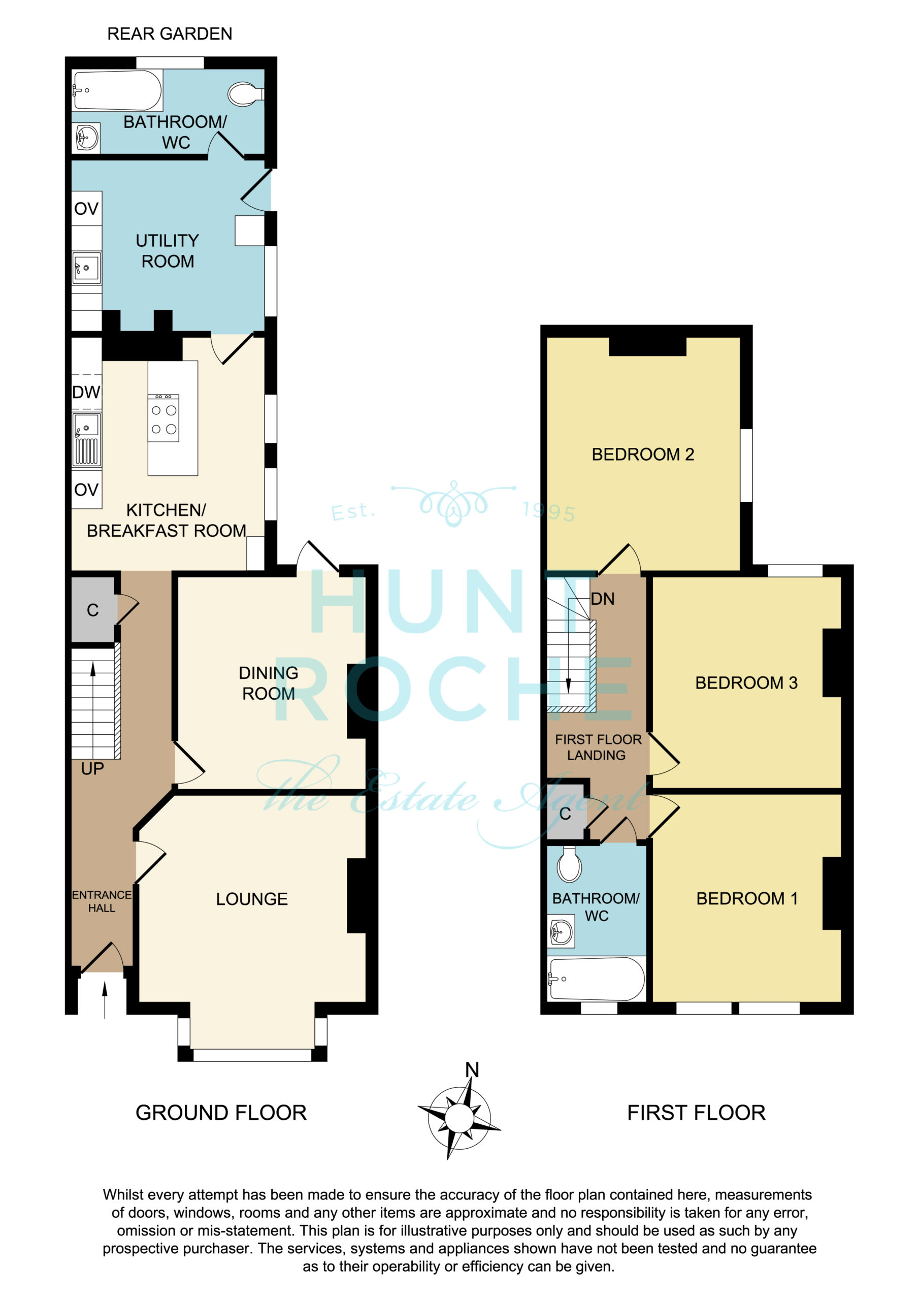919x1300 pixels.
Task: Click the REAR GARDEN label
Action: [169, 34]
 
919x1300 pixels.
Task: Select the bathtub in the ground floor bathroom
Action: [117, 90]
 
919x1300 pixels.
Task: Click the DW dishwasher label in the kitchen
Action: [86, 392]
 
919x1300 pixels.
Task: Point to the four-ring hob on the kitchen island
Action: [163, 418]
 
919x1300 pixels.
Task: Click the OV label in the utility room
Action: [86, 209]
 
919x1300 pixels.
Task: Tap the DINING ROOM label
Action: [269, 683]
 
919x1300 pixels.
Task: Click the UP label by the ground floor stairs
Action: [92, 768]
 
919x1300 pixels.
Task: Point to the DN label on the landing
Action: [603, 599]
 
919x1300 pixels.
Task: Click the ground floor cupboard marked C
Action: [94, 609]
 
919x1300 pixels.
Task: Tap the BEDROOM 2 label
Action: [643, 454]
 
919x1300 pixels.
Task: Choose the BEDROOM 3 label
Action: [746, 682]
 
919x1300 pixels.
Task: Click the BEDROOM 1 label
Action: [747, 898]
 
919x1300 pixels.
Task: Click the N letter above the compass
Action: [472, 1069]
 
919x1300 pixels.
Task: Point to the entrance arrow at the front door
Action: [105, 1000]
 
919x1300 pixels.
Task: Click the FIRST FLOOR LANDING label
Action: [598, 747]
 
